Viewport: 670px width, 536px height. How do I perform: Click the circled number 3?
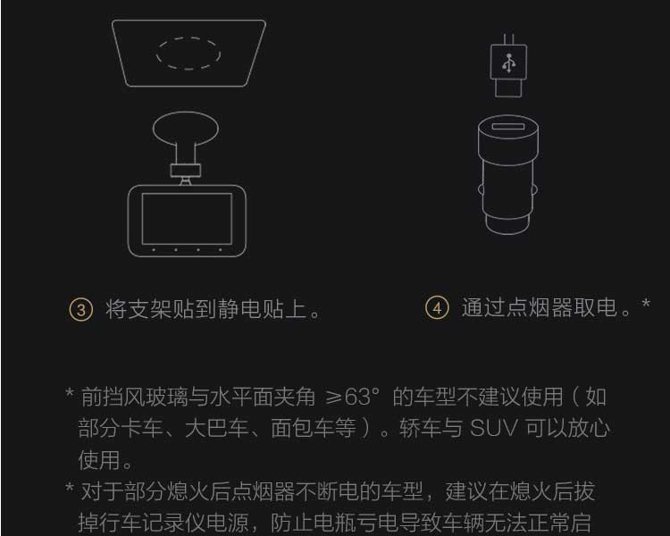pos(80,309)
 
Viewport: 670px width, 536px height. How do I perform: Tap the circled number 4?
pos(437,307)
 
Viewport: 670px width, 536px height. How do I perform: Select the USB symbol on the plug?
pos(508,63)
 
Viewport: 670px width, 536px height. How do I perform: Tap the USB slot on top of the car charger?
pos(508,126)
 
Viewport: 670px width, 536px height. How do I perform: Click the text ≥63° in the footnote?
pos(352,397)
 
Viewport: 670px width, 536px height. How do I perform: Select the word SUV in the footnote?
pos(494,428)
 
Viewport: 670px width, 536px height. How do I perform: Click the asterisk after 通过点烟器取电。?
pos(646,303)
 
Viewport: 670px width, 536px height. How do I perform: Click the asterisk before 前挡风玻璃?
pos(70,392)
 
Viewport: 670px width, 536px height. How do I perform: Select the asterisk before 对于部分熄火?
pos(70,487)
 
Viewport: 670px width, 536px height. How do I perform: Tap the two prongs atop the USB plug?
pos(508,39)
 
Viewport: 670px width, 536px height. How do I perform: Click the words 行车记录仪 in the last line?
pos(153,523)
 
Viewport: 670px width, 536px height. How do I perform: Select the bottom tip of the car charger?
pos(508,234)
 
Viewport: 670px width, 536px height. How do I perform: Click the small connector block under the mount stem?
pos(186,170)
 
